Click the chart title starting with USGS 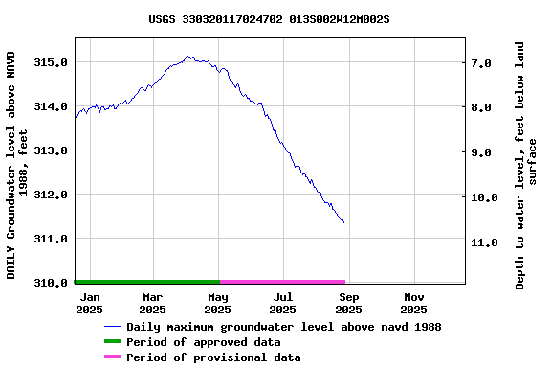[269, 18]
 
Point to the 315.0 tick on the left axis [50, 62]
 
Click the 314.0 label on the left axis [50, 106]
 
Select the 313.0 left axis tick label [50, 150]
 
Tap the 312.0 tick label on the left [50, 195]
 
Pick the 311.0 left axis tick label [50, 239]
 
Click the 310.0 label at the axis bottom [50, 283]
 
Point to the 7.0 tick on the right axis [481, 63]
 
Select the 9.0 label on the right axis [481, 152]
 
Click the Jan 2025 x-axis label [89, 303]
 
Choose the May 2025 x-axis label [218, 303]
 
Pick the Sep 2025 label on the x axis [348, 303]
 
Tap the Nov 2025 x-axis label [413, 303]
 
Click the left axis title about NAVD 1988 [18, 165]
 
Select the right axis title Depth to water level [526, 165]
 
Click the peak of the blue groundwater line [187, 57]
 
